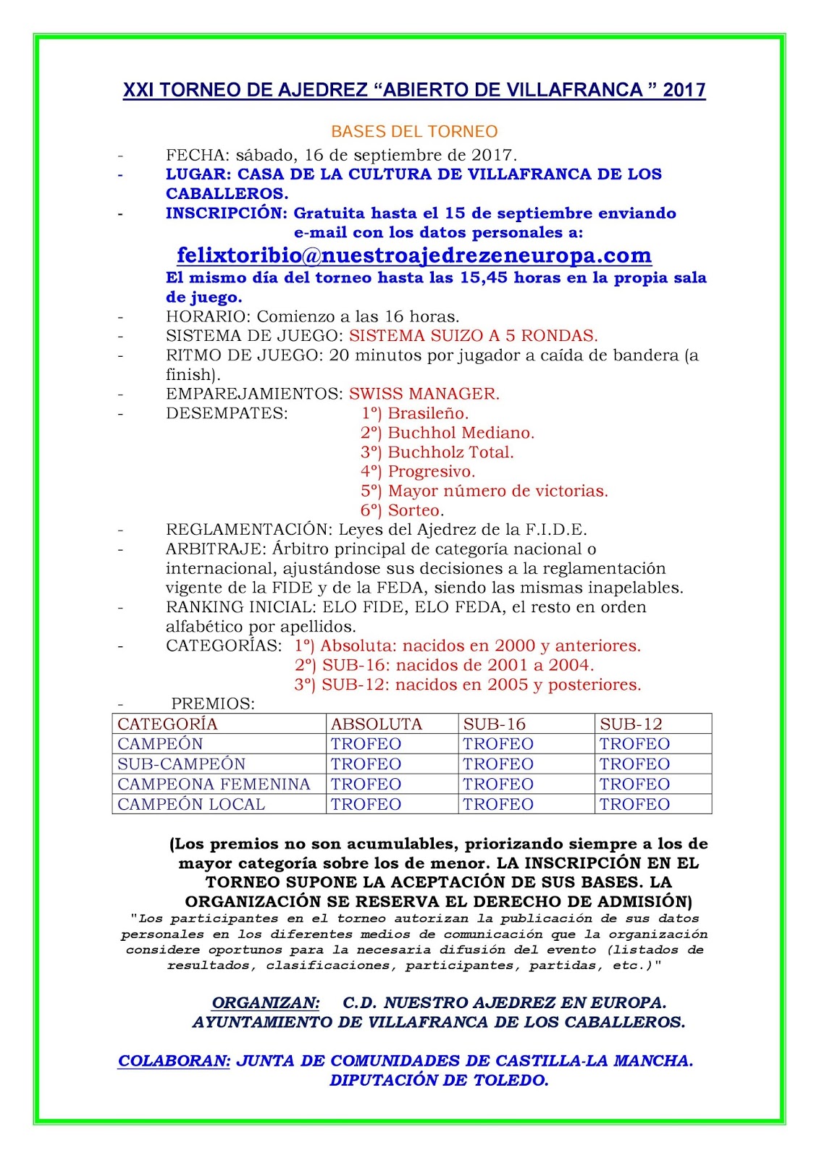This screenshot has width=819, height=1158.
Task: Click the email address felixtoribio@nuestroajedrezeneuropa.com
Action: coord(414,255)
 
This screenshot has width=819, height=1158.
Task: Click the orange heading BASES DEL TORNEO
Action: coord(414,132)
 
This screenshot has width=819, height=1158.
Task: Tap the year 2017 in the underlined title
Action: coord(684,90)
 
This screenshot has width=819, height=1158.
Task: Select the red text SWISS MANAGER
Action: coord(424,394)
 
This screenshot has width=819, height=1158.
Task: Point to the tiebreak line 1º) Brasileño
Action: coord(415,413)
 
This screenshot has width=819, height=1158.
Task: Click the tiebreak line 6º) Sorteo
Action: coord(403,510)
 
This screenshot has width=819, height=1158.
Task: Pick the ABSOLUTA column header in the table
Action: coord(376,724)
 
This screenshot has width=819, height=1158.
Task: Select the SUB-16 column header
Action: coord(495,724)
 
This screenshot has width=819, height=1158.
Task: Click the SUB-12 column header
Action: coord(631,724)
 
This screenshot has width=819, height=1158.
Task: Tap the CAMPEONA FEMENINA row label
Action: coord(214,784)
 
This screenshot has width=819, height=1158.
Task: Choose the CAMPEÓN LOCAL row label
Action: coord(191,804)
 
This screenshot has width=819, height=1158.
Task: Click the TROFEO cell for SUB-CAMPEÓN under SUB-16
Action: coord(498,764)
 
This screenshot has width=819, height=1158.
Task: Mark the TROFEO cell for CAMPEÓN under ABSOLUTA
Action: coord(366,744)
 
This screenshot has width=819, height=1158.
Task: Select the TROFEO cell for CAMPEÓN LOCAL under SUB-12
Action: coord(634,804)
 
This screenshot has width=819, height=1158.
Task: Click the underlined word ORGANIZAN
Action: coord(265,1003)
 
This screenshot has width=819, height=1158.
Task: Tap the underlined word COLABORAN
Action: coord(174,1061)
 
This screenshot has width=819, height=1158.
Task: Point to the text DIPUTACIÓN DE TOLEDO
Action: coord(439,1081)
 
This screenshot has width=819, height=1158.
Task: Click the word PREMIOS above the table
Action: coord(213,703)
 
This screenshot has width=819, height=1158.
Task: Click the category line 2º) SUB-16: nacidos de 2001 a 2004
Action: coord(444,665)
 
